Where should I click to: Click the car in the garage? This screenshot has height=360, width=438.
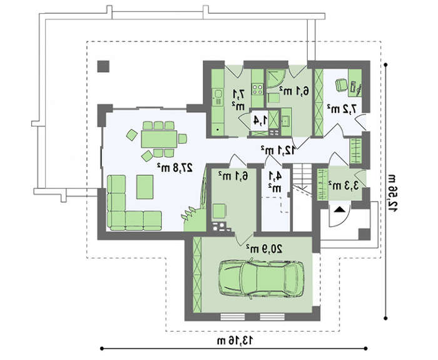261,279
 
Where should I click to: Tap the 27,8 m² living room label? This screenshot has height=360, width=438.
175,167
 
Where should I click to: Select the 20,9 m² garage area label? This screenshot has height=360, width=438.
265,248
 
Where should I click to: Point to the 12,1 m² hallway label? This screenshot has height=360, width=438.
278,150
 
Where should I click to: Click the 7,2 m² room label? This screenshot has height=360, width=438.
342,109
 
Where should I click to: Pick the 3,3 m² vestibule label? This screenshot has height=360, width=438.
344,185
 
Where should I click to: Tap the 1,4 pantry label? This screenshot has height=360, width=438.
260,121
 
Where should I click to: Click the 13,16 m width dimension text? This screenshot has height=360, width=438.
235,341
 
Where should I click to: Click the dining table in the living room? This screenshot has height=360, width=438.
159,139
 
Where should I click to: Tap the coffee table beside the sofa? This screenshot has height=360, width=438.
145,187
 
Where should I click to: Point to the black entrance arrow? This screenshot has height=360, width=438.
339,209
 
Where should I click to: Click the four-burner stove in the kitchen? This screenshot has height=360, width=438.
257,89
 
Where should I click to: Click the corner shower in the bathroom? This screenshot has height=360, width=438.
276,78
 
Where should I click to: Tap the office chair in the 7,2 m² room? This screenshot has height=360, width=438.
341,85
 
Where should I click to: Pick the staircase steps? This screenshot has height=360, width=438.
302,179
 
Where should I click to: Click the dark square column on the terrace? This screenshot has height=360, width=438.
103,66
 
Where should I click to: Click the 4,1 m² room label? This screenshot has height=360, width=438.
275,182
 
